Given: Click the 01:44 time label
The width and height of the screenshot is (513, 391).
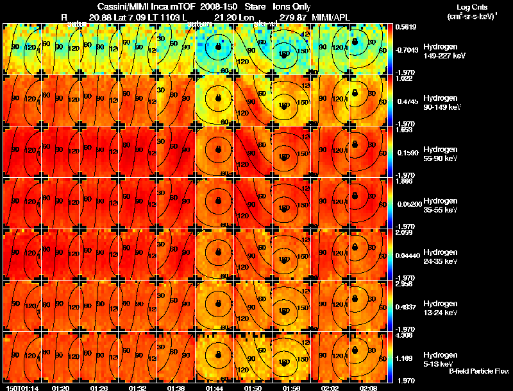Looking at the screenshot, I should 214,388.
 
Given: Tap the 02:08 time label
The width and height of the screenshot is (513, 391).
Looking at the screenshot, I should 367,388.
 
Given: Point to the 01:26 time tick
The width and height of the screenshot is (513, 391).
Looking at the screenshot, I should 99,388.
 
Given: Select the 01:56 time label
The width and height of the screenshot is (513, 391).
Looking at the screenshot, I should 290,388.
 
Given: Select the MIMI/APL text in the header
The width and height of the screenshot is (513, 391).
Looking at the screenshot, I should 332,17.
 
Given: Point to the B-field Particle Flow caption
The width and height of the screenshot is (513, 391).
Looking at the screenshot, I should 478,371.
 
